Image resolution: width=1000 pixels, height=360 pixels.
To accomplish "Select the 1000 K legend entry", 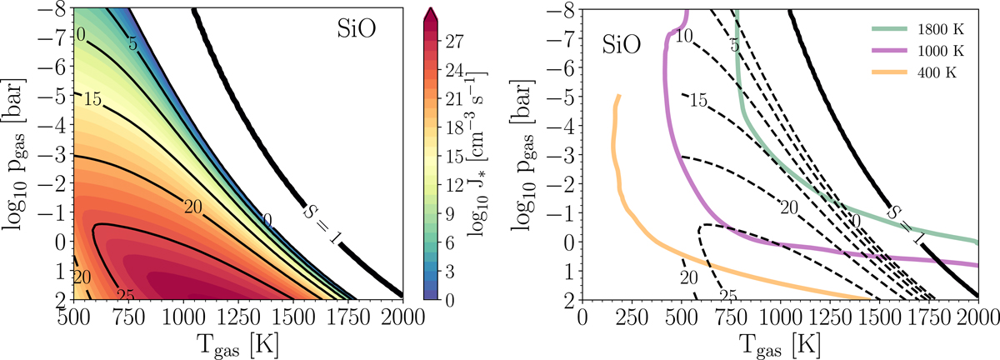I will click(937, 50).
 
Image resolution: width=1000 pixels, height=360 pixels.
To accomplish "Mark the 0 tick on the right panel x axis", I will click(582, 317).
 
